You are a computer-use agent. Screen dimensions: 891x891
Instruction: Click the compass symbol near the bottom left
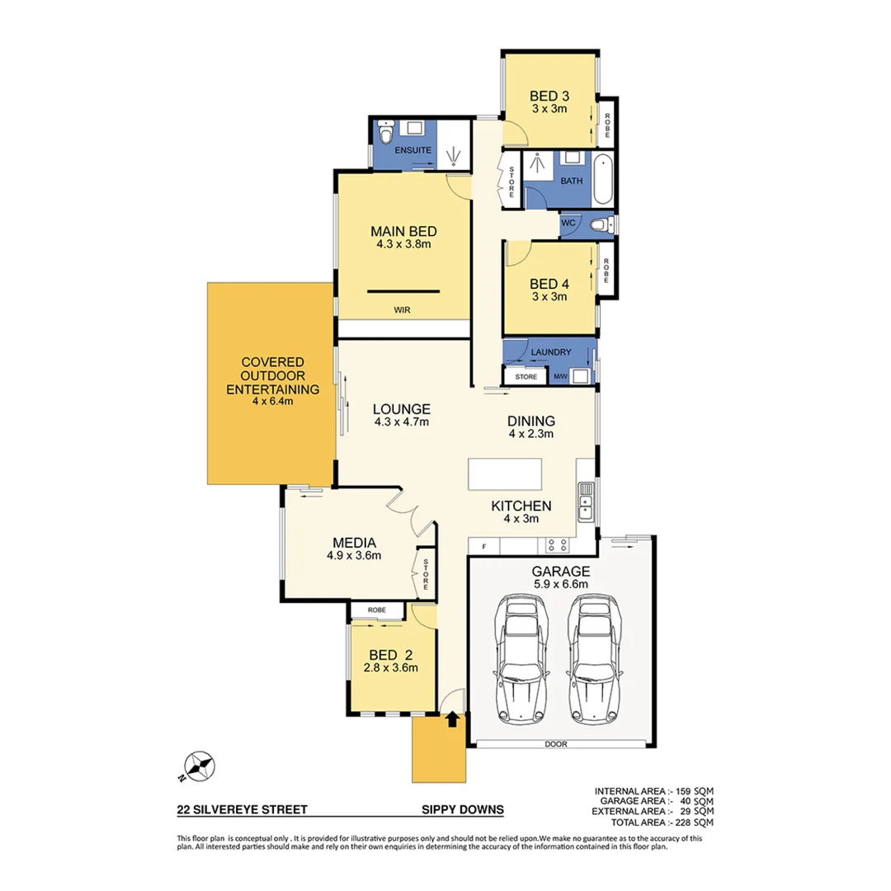click(x=198, y=766)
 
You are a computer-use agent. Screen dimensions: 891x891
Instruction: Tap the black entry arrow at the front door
click(x=451, y=719)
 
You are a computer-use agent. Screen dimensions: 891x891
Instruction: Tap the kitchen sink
click(x=587, y=502)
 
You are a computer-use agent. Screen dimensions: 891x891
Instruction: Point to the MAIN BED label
click(x=403, y=231)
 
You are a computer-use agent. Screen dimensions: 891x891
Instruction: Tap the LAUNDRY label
click(x=551, y=352)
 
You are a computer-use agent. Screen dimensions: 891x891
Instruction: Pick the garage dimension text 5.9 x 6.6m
click(x=560, y=584)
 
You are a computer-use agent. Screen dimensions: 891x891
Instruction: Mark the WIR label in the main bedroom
click(x=403, y=310)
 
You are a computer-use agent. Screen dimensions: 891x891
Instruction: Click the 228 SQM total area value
click(x=695, y=823)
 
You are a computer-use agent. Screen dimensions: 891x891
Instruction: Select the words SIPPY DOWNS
click(x=462, y=809)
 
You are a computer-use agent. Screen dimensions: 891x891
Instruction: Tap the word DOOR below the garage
click(x=555, y=744)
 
